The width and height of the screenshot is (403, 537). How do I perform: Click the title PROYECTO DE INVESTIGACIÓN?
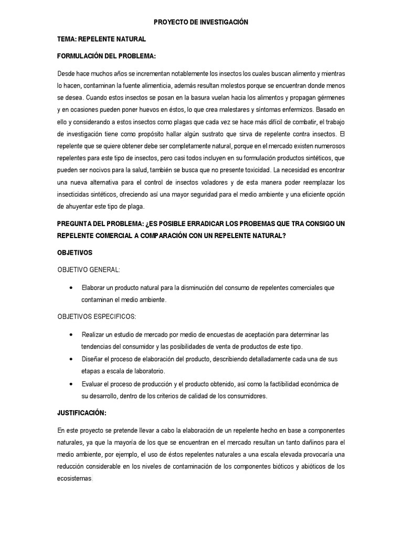coord(201,22)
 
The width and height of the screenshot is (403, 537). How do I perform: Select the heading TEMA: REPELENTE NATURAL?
coord(102,39)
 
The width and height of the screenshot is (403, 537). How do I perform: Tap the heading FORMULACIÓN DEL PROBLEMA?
coord(107,56)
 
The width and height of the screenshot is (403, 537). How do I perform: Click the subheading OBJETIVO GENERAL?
coord(89,270)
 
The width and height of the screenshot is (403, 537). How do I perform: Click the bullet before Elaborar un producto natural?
coord(71,288)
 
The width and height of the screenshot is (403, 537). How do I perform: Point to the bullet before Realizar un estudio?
coord(71,335)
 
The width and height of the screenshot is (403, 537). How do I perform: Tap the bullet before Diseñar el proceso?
coord(71,359)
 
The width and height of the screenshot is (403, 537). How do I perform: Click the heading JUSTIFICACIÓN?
coord(82,413)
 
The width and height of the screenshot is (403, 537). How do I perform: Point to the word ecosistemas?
coord(74,478)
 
